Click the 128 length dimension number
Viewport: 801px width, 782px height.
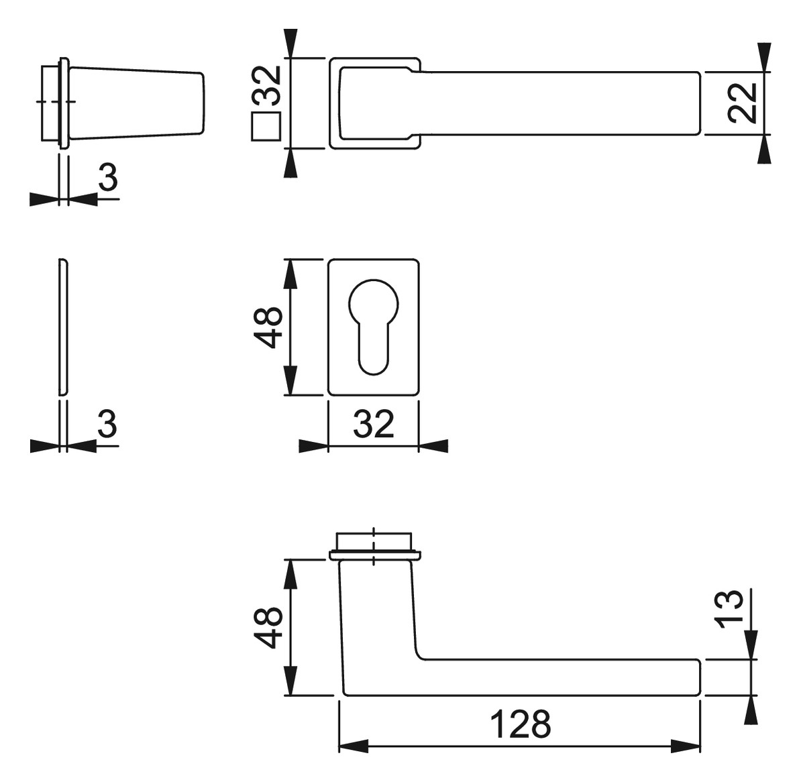coord(521,724)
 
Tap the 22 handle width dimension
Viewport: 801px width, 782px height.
coord(742,103)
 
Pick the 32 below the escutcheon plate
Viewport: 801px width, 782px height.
coord(374,423)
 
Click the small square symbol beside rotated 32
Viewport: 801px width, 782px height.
coord(266,126)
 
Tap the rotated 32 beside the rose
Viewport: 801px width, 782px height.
coord(267,85)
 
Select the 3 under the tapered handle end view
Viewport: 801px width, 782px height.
coord(108,177)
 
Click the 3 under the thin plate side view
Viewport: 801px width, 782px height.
coord(107,423)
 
